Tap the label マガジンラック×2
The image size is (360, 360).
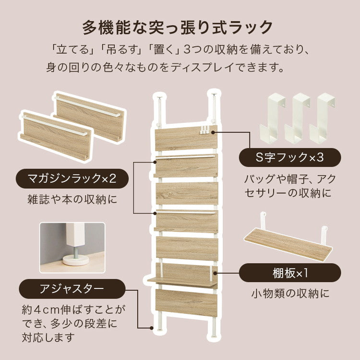(72, 179)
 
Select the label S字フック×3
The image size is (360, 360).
(290, 157)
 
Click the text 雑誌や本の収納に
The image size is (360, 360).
(72, 198)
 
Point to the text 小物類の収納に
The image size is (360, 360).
(290, 293)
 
